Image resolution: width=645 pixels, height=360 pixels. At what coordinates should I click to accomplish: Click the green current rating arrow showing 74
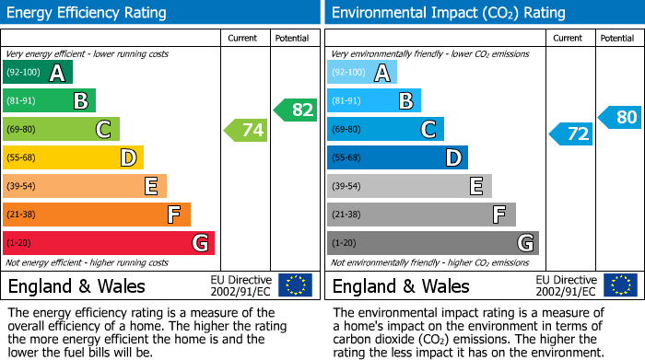coord(246,131)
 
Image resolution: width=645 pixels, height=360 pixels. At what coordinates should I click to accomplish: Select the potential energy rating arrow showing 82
coord(296,110)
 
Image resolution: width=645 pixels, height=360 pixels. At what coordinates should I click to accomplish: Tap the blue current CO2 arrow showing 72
coord(571,134)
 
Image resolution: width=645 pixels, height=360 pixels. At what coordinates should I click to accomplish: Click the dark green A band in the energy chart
coord(37,73)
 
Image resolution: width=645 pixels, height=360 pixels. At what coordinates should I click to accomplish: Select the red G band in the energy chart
coord(108,243)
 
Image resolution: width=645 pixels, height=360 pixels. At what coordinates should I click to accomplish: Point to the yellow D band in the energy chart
coord(73,157)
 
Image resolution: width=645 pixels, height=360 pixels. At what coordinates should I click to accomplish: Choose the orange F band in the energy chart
coord(97,215)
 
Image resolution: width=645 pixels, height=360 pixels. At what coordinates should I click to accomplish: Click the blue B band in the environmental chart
coord(373,100)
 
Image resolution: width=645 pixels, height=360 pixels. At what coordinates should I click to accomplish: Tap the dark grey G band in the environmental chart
coord(432,243)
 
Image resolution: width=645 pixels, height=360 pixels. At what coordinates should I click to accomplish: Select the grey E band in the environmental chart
coord(409,186)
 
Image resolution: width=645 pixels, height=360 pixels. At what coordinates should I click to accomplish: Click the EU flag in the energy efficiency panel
coord(295,285)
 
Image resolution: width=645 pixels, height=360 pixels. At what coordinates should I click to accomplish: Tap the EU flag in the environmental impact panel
coord(620,285)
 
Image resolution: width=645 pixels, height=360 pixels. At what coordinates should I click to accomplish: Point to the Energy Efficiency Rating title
coord(88,13)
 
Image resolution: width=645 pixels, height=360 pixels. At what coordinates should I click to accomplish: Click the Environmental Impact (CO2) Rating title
coord(448,13)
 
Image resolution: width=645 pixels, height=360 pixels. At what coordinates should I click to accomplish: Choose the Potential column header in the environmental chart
coord(616,38)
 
